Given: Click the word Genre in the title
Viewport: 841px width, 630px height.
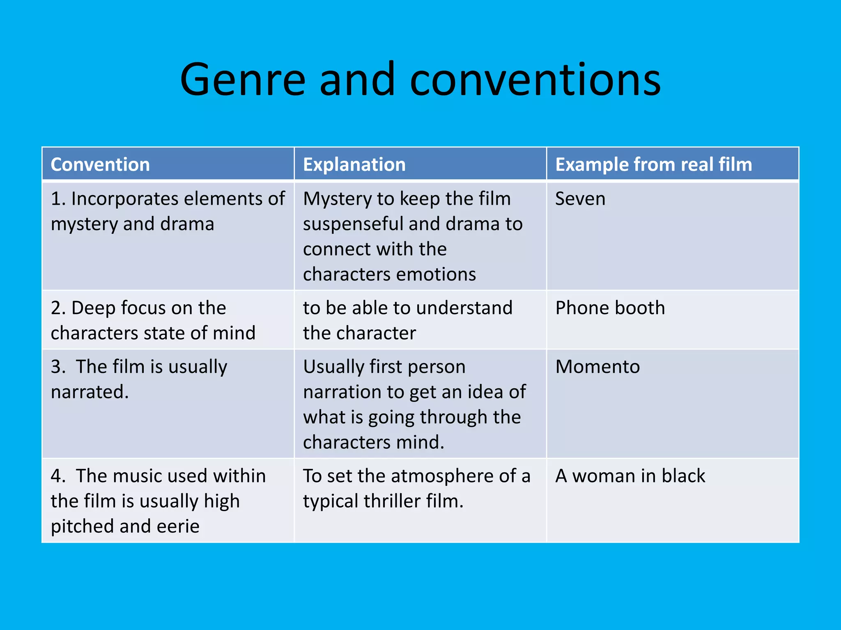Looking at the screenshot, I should (243, 80).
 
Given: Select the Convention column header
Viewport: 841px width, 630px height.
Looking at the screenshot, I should (100, 164).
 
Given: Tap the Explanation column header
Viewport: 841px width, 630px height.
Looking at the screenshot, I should (354, 164).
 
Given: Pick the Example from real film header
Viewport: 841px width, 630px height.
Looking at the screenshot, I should (653, 164).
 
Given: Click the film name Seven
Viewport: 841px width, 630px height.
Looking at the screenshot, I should (580, 199).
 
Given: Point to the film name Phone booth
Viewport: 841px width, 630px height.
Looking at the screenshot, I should (610, 308).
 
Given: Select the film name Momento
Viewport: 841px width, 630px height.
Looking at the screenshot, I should (597, 367).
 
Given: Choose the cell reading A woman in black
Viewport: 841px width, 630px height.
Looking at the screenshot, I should (630, 476).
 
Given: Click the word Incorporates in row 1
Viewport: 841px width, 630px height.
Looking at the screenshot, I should (125, 199).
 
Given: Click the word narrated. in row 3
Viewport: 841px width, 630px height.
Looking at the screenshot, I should (90, 392).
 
